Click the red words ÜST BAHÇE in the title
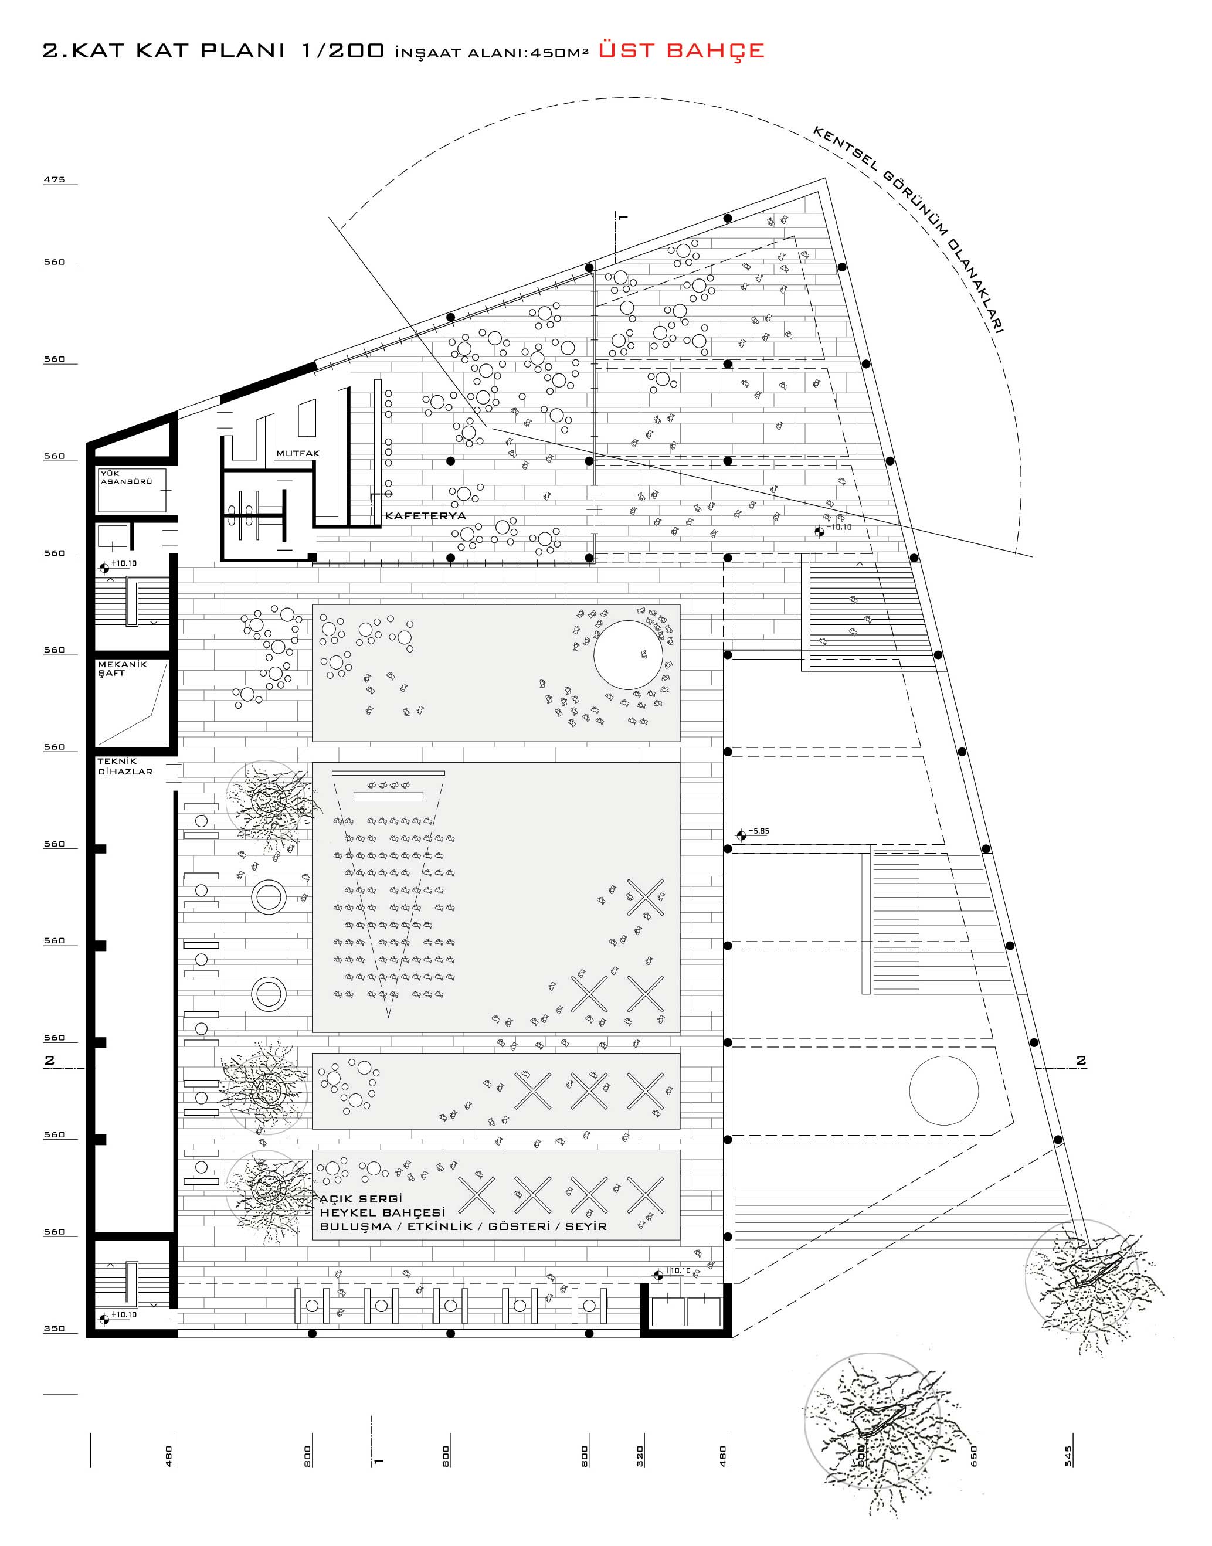tap(681, 50)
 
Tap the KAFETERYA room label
tap(425, 516)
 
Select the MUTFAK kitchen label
tap(298, 453)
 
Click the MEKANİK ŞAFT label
tap(122, 669)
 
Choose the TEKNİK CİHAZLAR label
tap(125, 767)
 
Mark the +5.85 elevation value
tap(759, 831)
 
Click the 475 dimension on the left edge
tap(55, 179)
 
